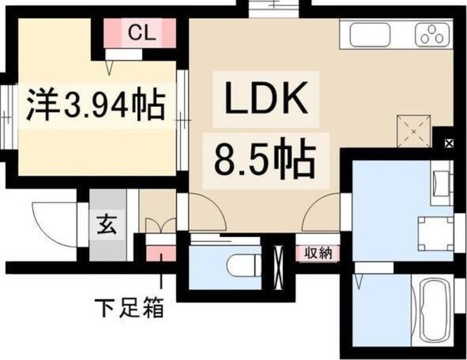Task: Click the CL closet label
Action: (x=142, y=33)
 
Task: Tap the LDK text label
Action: (x=266, y=99)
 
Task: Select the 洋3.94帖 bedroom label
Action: (x=96, y=104)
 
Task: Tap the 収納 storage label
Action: (x=318, y=254)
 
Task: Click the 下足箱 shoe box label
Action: (x=129, y=307)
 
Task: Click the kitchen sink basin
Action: (x=370, y=34)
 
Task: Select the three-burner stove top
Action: (x=432, y=34)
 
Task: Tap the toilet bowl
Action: (x=243, y=265)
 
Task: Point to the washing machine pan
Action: (x=435, y=234)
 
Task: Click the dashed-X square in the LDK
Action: (x=414, y=131)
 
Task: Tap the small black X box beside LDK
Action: (x=449, y=144)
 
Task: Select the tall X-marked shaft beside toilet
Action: (x=278, y=267)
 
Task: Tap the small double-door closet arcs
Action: (x=161, y=225)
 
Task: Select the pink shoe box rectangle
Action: (x=161, y=254)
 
